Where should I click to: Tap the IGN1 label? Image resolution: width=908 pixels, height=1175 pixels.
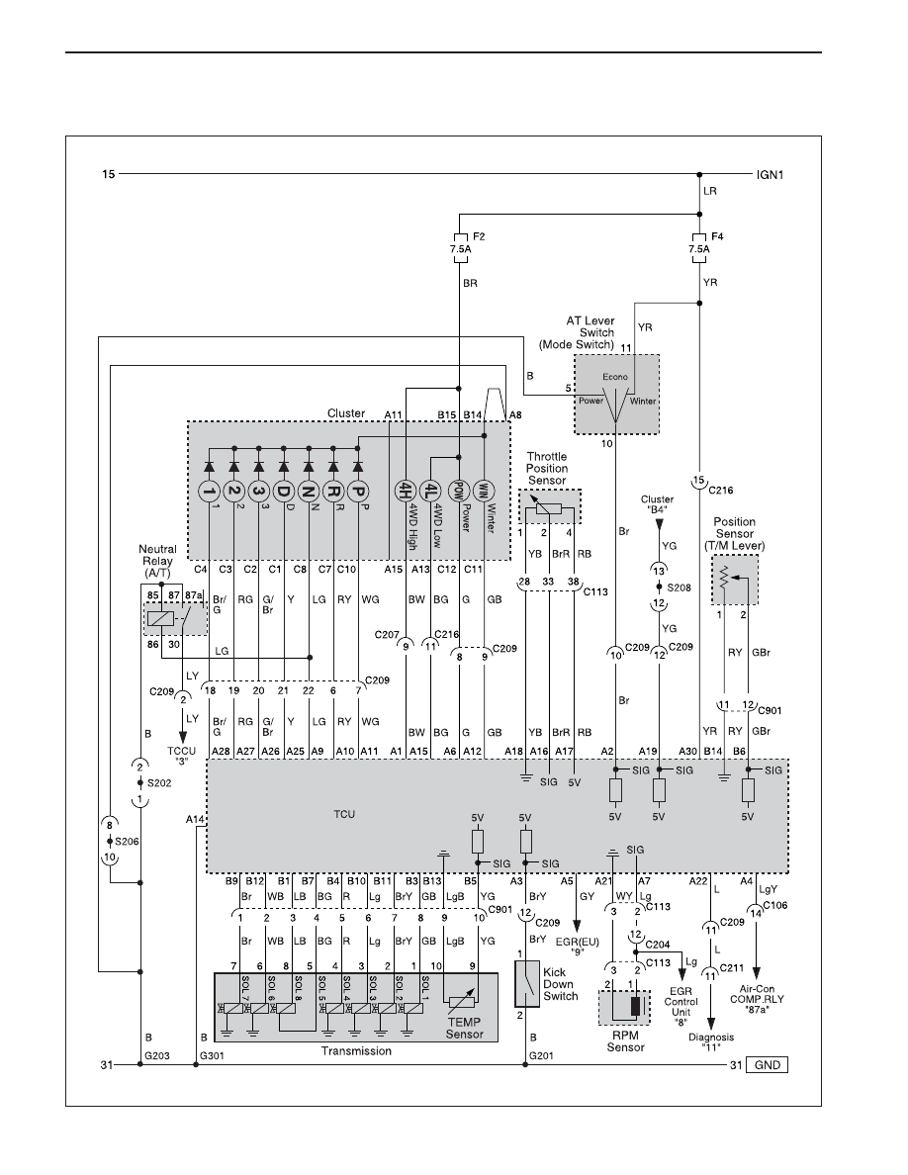coord(770,175)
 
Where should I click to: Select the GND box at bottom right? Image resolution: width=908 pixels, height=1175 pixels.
coord(768,1065)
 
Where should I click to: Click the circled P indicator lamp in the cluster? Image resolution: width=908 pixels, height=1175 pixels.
coord(358,492)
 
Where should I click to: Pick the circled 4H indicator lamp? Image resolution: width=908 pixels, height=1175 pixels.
coord(406,492)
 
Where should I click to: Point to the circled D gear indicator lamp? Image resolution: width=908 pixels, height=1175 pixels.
coord(283,492)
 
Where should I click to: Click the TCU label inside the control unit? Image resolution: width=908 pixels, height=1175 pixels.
coord(344,814)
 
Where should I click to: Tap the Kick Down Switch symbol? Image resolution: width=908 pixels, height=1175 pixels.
coord(527,983)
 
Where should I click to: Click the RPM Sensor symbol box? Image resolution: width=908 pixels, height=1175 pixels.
coord(624,1008)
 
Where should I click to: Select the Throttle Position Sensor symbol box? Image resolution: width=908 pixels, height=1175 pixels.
coord(550,507)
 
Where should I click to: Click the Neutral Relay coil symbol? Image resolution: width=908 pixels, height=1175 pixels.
coord(161,619)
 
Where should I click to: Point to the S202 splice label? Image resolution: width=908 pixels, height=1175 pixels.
coord(159,783)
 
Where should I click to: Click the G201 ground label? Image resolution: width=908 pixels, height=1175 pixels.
coord(541,1056)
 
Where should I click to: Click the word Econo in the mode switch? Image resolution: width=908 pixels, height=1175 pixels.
coord(615,377)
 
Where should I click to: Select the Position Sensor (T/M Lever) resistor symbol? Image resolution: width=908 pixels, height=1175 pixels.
coord(724,578)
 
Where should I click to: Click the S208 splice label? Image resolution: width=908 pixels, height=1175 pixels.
coord(680,588)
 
